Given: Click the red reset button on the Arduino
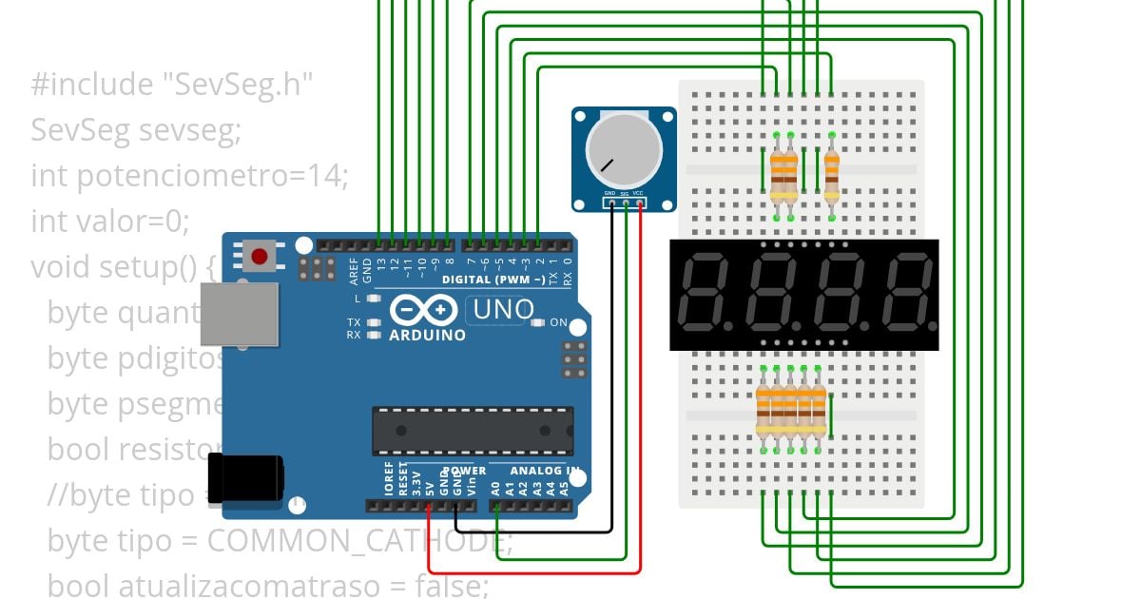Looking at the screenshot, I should pyautogui.click(x=259, y=255).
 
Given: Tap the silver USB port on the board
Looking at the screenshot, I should pyautogui.click(x=239, y=315).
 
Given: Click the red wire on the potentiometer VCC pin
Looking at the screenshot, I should pyautogui.click(x=640, y=380).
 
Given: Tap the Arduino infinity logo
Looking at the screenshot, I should pyautogui.click(x=426, y=311).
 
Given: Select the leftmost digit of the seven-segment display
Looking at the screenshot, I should pyautogui.click(x=703, y=291).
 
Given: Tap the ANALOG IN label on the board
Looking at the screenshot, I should pyautogui.click(x=545, y=471).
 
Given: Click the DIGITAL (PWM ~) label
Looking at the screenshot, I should pyautogui.click(x=493, y=280).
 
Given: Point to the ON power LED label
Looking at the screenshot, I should pyautogui.click(x=558, y=322).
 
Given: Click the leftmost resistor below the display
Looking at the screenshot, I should pyautogui.click(x=764, y=409).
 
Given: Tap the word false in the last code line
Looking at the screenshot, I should pyautogui.click(x=453, y=586).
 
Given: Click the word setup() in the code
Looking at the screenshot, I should pyautogui.click(x=151, y=267).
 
